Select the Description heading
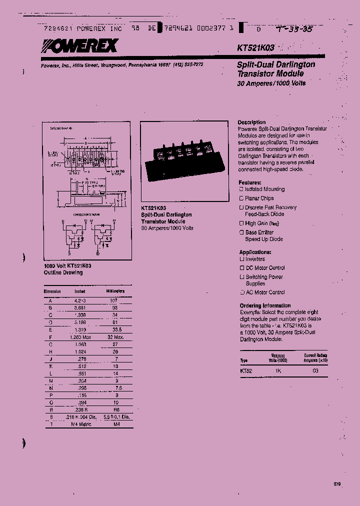point(251,122)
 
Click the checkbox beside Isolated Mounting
point(241,189)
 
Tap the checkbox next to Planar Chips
point(241,198)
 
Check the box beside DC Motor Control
point(241,268)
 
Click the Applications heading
point(255,252)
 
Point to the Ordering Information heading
point(265,305)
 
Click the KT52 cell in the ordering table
point(246,371)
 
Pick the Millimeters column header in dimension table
point(114,291)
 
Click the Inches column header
point(80,291)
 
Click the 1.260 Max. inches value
point(80,337)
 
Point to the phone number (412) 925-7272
point(188,64)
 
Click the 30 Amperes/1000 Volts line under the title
point(271,83)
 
